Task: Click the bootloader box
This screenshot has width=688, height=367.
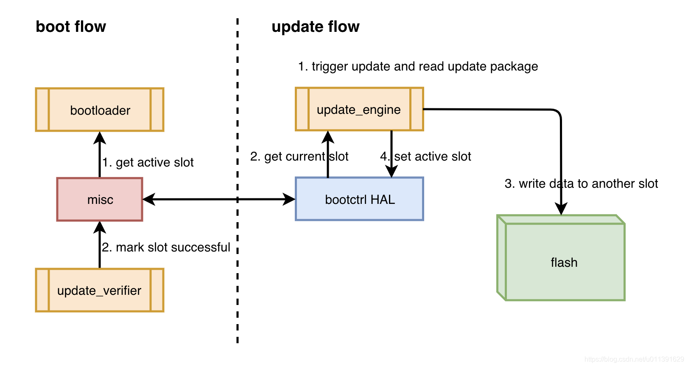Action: (100, 110)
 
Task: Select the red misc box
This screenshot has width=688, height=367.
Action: (100, 199)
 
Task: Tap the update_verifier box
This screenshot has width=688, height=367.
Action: (100, 291)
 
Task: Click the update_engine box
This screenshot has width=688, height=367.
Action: (359, 110)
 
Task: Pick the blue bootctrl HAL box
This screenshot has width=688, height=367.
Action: (359, 199)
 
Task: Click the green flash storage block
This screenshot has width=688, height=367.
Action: (564, 262)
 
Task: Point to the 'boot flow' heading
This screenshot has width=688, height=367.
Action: (71, 27)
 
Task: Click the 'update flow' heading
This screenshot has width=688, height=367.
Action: (315, 27)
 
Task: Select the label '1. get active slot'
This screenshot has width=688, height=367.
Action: (148, 162)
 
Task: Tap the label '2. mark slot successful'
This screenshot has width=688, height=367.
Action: (166, 247)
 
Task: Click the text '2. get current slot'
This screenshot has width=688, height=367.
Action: (299, 156)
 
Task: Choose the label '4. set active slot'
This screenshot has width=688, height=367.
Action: (426, 156)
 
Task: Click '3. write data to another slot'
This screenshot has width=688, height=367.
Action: (581, 183)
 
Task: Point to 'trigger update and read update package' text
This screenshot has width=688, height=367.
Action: (418, 66)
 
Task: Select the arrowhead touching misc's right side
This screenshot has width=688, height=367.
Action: (149, 199)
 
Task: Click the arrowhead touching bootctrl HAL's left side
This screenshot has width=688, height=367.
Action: (289, 199)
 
